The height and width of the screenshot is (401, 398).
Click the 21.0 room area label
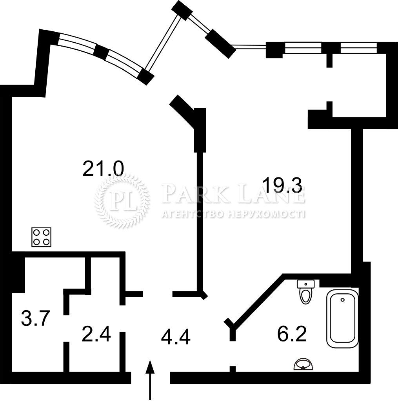103,169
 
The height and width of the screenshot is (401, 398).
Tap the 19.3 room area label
282,185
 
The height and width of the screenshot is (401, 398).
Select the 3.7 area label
35,318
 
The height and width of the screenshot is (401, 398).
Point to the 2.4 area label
96,334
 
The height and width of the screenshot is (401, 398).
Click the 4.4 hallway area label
176,337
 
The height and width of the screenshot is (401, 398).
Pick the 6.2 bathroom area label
292,334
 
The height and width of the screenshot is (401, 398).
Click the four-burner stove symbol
42,237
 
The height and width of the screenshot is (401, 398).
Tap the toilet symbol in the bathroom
305,292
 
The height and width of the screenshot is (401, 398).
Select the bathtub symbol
342,319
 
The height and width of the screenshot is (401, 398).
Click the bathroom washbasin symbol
303,364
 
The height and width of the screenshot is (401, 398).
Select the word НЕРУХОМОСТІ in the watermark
266,214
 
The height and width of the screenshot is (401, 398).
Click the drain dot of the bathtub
342,300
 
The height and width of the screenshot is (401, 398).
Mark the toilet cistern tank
305,284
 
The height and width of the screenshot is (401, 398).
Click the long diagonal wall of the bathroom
257,302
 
